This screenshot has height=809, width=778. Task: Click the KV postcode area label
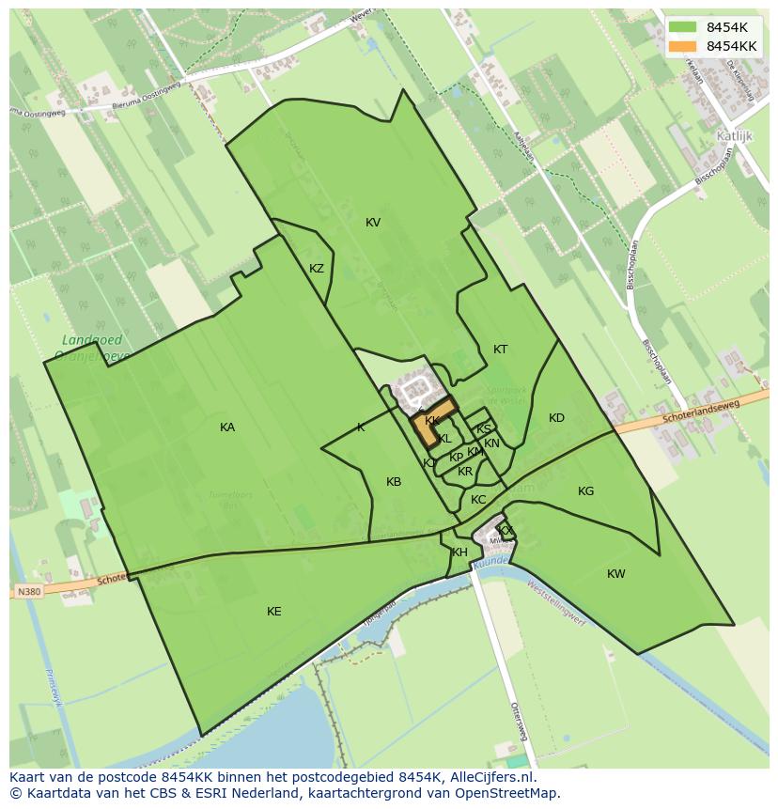click(x=373, y=223)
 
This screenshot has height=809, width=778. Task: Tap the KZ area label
click(x=317, y=269)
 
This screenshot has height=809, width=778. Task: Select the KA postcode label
click(x=227, y=428)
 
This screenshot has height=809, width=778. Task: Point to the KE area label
click(x=273, y=612)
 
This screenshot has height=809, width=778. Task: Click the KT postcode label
click(x=501, y=350)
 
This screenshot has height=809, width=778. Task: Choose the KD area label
click(x=556, y=418)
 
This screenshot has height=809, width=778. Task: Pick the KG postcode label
click(x=585, y=491)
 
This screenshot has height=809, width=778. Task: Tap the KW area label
click(x=615, y=574)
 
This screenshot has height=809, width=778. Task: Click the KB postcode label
click(x=394, y=482)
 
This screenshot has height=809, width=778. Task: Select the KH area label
click(x=459, y=552)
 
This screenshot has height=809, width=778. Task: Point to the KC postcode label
click(x=478, y=500)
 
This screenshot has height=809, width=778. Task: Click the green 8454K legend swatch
click(x=683, y=26)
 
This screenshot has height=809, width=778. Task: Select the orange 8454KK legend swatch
click(x=683, y=45)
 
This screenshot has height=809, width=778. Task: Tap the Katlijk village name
click(x=736, y=135)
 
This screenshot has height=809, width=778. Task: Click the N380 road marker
click(x=28, y=592)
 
